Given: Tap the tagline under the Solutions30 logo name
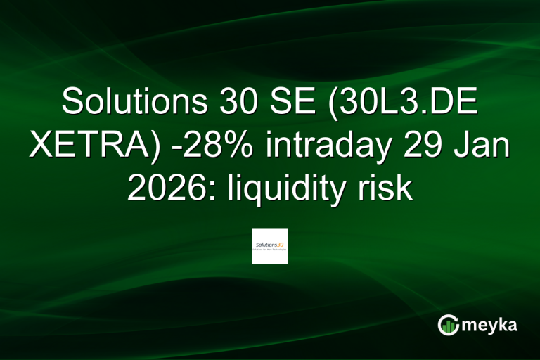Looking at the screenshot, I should point(270,249).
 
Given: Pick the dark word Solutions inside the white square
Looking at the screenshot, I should point(264,243).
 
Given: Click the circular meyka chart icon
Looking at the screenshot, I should point(448,325).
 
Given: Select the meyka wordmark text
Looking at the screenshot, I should point(489,325).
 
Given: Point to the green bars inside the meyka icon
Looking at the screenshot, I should point(448,327).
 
